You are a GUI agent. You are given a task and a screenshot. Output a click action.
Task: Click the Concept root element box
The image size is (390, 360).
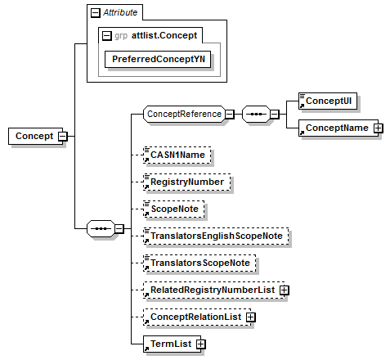click(35, 136)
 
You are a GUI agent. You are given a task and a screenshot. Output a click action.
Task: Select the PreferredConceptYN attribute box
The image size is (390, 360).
click(158, 59)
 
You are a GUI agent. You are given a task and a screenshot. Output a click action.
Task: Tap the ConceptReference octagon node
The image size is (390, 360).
click(185, 114)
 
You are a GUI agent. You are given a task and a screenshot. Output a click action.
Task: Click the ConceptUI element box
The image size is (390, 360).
click(328, 101)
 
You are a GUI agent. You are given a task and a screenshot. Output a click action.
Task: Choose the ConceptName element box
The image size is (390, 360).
click(338, 128)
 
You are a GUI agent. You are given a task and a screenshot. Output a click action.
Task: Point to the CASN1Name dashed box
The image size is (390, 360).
click(177, 155)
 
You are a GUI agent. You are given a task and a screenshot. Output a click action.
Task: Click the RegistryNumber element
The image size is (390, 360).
click(187, 182)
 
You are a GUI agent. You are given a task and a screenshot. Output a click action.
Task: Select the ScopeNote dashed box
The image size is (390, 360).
click(174, 209)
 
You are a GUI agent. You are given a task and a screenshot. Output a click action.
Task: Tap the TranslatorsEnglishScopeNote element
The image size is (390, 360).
click(216, 236)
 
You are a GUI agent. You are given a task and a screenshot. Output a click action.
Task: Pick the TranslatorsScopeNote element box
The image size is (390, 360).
click(199, 263)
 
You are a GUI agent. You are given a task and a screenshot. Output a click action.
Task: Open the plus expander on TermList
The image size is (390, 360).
click(200, 344)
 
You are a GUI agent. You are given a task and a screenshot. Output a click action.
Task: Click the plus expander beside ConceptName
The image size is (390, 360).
click(379, 128)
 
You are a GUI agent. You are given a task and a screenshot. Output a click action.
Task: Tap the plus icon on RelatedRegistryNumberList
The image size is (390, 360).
click(284, 290)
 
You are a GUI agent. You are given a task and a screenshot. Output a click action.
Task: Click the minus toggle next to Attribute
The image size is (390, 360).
click(96, 13)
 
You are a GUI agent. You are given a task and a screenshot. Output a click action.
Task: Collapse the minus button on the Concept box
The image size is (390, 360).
click(63, 136)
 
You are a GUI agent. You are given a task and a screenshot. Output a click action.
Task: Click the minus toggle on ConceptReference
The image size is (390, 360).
click(230, 115)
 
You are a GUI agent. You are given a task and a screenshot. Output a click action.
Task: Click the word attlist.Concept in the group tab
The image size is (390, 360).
click(164, 35)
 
